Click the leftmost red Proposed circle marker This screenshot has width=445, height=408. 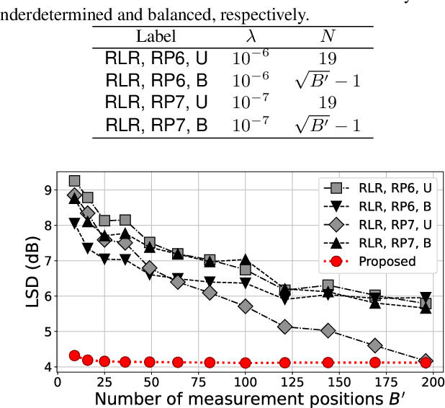click(74, 355)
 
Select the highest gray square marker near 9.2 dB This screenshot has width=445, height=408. click(74, 182)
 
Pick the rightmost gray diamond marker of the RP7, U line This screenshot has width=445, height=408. click(426, 360)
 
